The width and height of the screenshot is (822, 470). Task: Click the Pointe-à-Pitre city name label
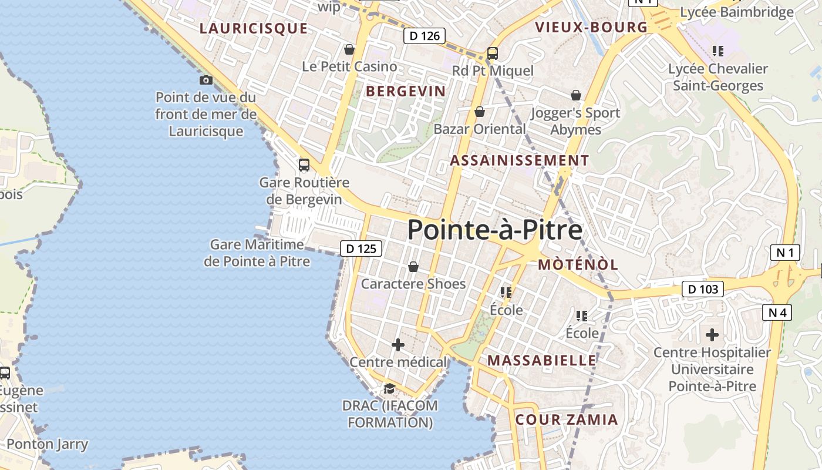[494, 230]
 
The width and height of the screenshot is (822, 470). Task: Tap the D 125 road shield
[361, 249]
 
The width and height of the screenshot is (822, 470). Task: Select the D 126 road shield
[425, 36]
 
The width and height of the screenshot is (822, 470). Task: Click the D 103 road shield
[702, 289]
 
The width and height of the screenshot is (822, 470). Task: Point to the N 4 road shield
[777, 313]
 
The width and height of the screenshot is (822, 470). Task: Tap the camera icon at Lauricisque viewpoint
[206, 80]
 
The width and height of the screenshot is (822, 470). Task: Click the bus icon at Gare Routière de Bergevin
[304, 165]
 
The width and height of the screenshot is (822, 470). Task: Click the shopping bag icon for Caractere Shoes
[413, 267]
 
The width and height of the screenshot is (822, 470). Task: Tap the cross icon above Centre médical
[398, 345]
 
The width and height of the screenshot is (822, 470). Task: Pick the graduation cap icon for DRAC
[389, 388]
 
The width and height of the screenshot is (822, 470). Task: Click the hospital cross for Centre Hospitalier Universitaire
[712, 335]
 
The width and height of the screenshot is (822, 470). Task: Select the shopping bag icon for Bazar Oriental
[480, 112]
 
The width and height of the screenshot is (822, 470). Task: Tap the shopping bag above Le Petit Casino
[349, 49]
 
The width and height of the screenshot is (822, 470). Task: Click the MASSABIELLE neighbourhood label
[542, 360]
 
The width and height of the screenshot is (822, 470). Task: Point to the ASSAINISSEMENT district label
[519, 160]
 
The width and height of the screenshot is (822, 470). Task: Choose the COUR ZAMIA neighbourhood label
[567, 419]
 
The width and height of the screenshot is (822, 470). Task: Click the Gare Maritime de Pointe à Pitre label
[257, 253]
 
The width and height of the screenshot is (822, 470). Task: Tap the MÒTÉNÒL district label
[578, 264]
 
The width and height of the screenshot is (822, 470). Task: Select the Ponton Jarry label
[48, 444]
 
